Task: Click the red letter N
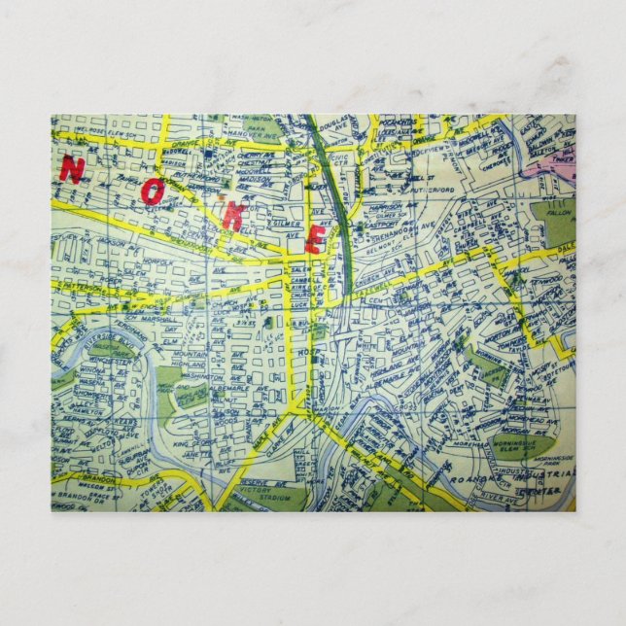pyautogui.click(x=71, y=170)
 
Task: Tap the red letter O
pyautogui.click(x=152, y=191)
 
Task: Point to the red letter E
pyautogui.click(x=314, y=238)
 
